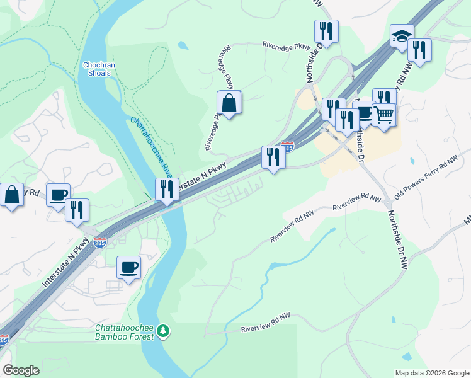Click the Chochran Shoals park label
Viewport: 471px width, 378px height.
pyautogui.click(x=96, y=69)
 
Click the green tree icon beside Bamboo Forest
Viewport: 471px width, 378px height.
pyautogui.click(x=163, y=331)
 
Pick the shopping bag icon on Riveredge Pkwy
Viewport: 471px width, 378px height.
pyautogui.click(x=229, y=103)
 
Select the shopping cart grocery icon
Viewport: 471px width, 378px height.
pyautogui.click(x=383, y=115)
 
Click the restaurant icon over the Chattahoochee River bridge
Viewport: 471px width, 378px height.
pyautogui.click(x=167, y=190)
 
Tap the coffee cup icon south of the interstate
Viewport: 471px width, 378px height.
pyautogui.click(x=128, y=268)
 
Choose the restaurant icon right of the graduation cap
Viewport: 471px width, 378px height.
pyautogui.click(x=419, y=50)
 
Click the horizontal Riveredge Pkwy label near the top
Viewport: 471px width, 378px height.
pyautogui.click(x=287, y=45)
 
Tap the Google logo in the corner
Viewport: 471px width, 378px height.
pyautogui.click(x=21, y=370)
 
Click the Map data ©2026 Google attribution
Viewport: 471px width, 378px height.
pyautogui.click(x=432, y=373)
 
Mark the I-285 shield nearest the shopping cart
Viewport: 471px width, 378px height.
pyautogui.click(x=287, y=146)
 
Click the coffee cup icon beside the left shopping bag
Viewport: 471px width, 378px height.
pyautogui.click(x=58, y=195)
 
